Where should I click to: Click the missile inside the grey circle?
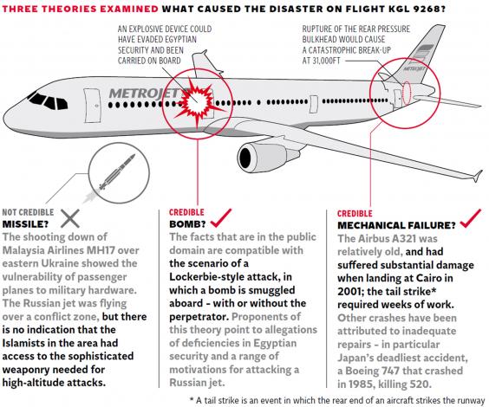click(117, 172)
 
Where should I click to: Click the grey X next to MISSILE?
click(70, 218)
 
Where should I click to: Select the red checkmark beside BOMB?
click(221, 217)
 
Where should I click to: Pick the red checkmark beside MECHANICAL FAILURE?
click(471, 218)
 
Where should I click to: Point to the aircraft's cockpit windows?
click(48, 100)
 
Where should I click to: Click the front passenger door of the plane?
click(93, 106)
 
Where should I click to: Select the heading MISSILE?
click(25, 224)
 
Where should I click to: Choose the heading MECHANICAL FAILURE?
click(396, 225)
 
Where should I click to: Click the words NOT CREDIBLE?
click(28, 212)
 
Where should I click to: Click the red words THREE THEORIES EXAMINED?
click(81, 9)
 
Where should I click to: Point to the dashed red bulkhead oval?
click(407, 93)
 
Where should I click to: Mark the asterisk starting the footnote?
click(191, 399)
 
